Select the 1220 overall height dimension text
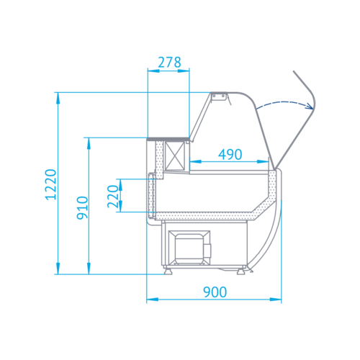click(50, 186)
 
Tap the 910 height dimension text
click(81, 207)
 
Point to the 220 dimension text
click(112, 196)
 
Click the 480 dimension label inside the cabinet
click(230, 153)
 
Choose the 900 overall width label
click(215, 292)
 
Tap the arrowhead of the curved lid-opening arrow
click(309, 106)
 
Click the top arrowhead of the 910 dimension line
click(89, 142)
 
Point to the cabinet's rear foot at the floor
click(168, 271)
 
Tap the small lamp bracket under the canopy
click(223, 101)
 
